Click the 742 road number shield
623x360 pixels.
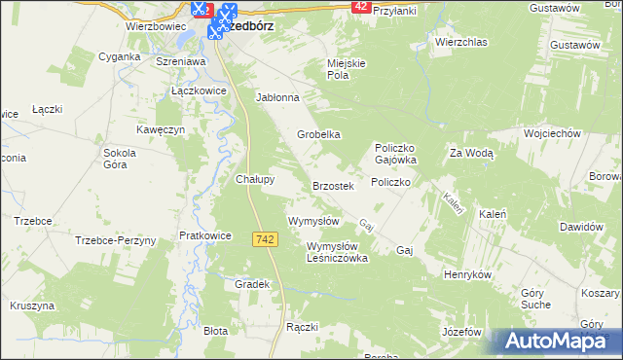[264, 239]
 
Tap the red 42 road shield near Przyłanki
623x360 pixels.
[361, 7]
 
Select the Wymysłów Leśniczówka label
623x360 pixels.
[337, 252]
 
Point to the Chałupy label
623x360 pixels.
[255, 179]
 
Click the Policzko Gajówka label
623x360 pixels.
[396, 153]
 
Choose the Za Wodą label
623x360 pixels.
[471, 153]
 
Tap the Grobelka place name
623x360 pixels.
[318, 134]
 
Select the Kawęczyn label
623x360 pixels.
[161, 130]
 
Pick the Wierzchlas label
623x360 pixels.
[460, 43]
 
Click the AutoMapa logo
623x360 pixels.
[558, 342]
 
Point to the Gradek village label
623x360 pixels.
[251, 284]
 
